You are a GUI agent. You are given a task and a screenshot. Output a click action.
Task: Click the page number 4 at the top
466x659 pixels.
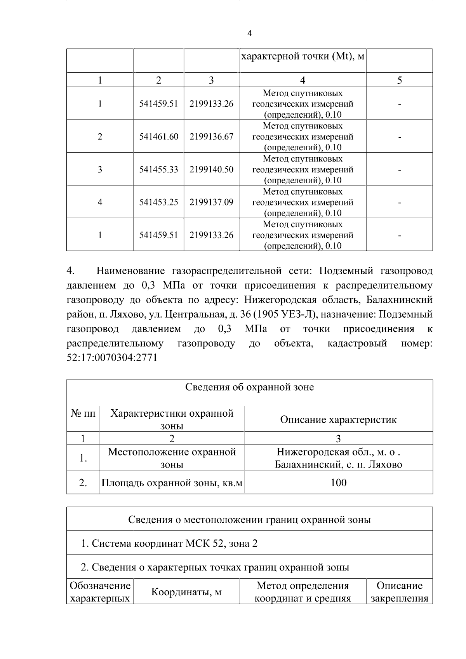[x=249, y=34]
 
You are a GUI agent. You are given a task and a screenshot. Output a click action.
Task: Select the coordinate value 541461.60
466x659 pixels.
[x=159, y=137]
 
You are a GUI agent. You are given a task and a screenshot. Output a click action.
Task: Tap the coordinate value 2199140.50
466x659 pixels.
[x=211, y=169]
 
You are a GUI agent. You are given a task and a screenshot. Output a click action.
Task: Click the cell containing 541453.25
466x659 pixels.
[x=159, y=202]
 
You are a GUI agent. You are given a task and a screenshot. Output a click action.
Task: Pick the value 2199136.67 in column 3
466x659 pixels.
[x=211, y=137]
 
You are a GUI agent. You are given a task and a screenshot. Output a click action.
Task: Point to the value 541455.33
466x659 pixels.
[x=159, y=169]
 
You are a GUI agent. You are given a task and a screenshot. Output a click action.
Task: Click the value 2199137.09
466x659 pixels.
[x=211, y=202]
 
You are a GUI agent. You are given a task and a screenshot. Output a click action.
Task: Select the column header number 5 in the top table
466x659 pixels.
[x=399, y=80]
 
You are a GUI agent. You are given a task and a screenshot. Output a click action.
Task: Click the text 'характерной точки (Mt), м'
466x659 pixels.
[x=303, y=57]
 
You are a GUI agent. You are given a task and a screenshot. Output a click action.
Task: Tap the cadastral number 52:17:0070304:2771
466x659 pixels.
[x=112, y=358]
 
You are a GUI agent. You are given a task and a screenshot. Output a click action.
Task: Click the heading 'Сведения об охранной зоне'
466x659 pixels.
[x=249, y=387]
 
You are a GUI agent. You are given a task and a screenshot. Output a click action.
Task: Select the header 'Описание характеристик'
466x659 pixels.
[x=338, y=420]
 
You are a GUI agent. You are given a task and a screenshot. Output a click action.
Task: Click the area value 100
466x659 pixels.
[x=338, y=483]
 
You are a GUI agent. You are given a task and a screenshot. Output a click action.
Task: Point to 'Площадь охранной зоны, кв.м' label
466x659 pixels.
[x=172, y=483]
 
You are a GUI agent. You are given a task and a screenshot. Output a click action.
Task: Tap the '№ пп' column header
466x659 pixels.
[x=83, y=414]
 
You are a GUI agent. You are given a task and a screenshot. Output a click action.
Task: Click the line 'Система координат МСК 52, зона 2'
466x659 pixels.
[x=169, y=543]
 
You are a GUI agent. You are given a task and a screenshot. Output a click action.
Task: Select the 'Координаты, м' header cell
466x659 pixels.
[x=186, y=592]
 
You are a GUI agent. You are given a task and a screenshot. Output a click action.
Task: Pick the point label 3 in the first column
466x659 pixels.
[x=100, y=169]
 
